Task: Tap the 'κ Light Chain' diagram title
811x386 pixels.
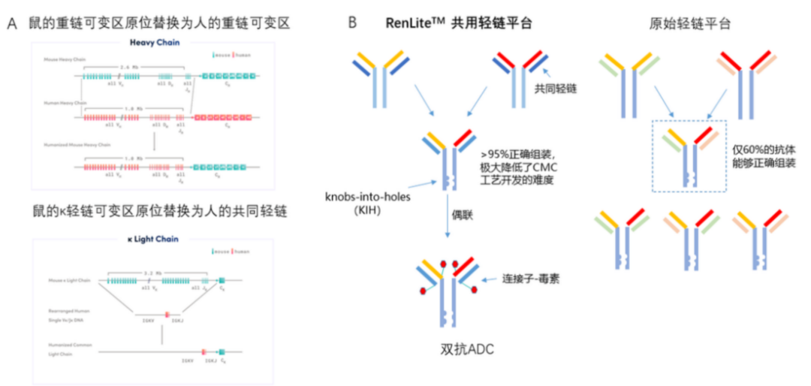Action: [153, 240]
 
